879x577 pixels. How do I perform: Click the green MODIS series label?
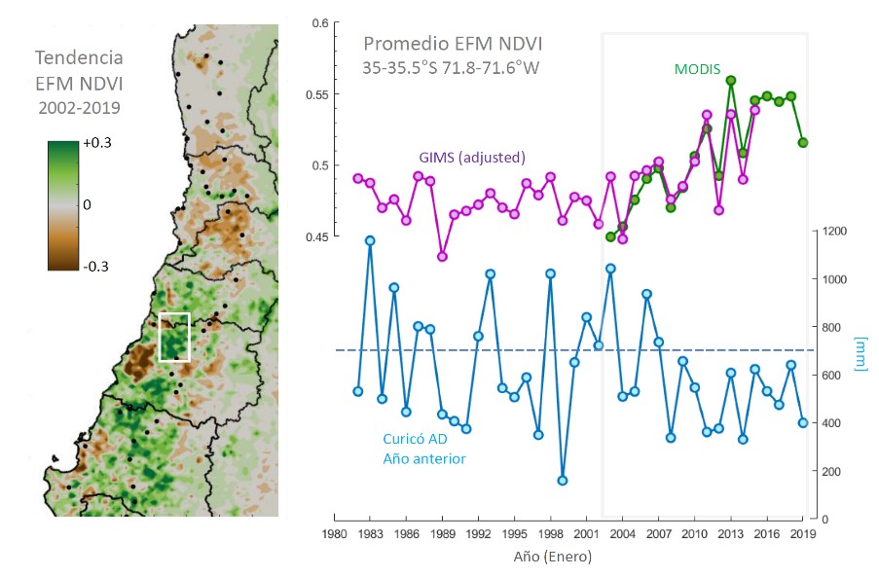tap(697, 69)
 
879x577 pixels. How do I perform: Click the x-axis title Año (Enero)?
tap(551, 558)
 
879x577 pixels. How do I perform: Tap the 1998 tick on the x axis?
tap(551, 534)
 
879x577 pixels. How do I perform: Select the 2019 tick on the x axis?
tap(803, 534)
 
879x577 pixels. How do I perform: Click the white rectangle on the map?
tap(174, 337)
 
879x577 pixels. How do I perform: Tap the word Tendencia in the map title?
tap(77, 56)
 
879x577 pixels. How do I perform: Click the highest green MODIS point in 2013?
tap(731, 80)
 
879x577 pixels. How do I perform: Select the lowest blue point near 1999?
tap(563, 481)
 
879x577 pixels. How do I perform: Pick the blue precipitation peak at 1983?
tap(370, 240)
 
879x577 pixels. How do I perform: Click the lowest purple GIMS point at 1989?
tap(442, 257)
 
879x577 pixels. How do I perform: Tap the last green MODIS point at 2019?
tap(803, 142)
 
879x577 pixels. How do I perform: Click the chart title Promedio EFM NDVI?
tap(453, 44)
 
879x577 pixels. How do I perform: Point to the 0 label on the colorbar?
tap(88, 205)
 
